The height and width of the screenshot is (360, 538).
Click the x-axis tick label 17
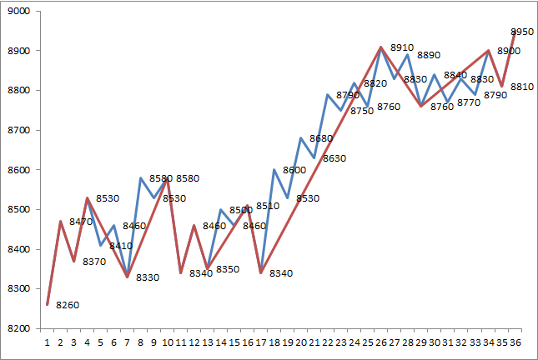(261, 342)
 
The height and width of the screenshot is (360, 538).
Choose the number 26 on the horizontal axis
(381, 342)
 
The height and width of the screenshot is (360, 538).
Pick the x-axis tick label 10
(168, 342)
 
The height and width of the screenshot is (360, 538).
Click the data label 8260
(68, 305)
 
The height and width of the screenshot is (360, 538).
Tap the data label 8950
(522, 32)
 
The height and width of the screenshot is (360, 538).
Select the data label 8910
(402, 48)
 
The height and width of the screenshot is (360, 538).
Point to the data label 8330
(147, 277)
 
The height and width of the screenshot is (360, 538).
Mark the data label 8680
(321, 138)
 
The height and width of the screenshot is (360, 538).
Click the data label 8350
(228, 269)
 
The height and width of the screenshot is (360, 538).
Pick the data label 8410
(121, 246)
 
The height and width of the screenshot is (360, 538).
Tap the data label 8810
(522, 87)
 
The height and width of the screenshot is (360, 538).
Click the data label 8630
(334, 158)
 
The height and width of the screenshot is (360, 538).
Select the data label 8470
(81, 222)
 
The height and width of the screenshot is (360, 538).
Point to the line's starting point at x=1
(48, 304)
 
